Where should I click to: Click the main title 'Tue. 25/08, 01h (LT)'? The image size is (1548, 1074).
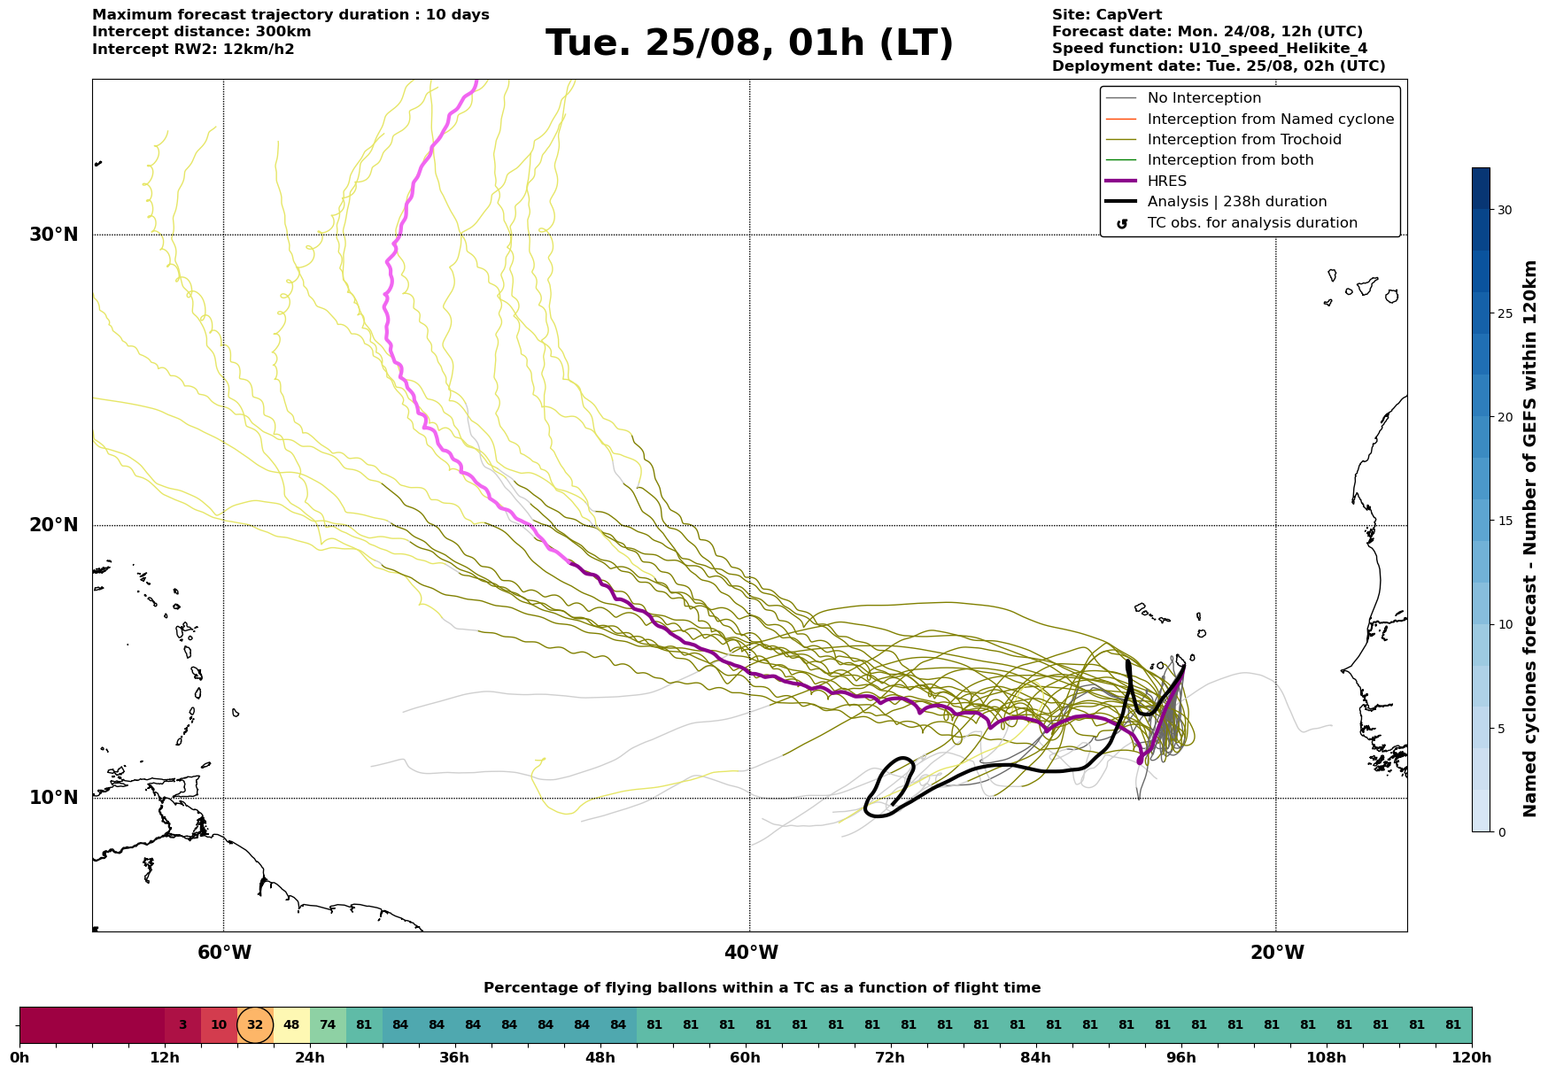749,43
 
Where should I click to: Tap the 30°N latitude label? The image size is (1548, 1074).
54,235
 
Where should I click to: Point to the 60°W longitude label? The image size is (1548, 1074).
224,953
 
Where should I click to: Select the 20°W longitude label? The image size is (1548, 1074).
1277,953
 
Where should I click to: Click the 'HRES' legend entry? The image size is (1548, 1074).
1166,182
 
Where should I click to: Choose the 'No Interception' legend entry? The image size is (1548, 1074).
1204,98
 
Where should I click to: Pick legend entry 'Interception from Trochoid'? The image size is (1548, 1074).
1244,140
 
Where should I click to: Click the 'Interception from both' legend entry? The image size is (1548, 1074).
1230,160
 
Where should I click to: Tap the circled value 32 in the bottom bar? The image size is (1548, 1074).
255,1025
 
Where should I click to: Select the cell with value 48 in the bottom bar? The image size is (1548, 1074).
291,1025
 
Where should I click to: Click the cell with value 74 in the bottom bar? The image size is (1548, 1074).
328,1025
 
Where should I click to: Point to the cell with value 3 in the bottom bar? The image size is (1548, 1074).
182,1025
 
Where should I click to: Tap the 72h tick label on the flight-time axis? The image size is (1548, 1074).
891,1058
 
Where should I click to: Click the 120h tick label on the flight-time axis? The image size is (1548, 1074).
1472,1058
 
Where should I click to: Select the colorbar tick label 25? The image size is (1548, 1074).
1505,313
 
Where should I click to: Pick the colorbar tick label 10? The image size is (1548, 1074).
1505,624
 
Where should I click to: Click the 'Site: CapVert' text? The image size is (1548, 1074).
1107,15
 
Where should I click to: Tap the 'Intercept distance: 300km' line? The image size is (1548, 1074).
202,32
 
